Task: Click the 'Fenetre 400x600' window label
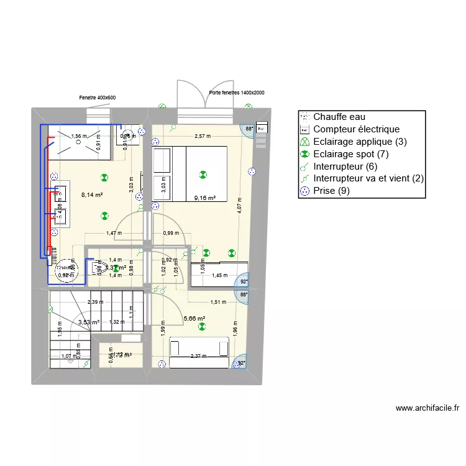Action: tap(97, 98)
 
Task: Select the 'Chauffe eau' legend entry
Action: tap(339, 117)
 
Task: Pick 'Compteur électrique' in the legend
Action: tap(356, 129)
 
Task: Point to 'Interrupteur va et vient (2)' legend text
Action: tap(368, 179)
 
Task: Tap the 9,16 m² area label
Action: tap(204, 198)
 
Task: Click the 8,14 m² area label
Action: tap(91, 194)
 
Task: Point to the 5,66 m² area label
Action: tap(194, 319)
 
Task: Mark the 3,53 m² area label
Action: tap(89, 322)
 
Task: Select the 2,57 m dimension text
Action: tap(202, 136)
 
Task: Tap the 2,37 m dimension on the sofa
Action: tap(199, 356)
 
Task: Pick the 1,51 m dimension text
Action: tap(217, 302)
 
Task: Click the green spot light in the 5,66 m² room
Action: tap(201, 331)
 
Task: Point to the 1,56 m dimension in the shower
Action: tap(79, 136)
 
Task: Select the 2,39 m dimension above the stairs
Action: tap(95, 302)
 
